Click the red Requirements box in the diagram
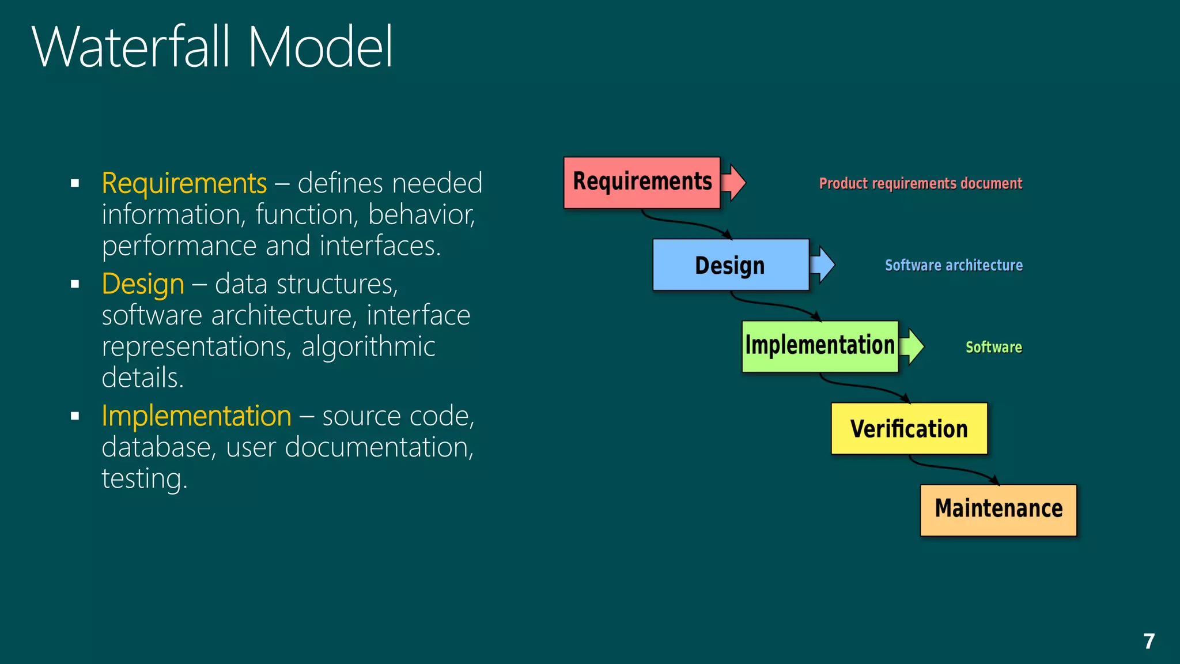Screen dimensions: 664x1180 (x=642, y=182)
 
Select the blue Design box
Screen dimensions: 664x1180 (x=731, y=265)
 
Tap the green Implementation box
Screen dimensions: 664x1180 (x=819, y=346)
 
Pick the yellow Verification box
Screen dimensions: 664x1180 (x=909, y=429)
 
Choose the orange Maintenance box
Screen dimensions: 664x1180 (x=998, y=510)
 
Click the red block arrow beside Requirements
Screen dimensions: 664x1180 (x=734, y=182)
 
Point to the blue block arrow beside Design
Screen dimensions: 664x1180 (x=823, y=265)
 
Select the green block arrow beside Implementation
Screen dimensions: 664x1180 (x=912, y=346)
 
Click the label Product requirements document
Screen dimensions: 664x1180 (x=920, y=183)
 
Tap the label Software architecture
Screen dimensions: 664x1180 (x=954, y=265)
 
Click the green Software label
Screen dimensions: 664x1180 (x=993, y=347)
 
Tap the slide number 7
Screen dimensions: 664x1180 (x=1149, y=641)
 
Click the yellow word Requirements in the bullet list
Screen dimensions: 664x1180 (x=184, y=183)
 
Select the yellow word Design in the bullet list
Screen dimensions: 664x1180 (x=143, y=284)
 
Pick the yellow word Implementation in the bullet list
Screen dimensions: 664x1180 (x=196, y=416)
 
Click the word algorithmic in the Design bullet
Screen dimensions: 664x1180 (x=368, y=346)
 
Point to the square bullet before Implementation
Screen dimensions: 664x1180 (x=75, y=416)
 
